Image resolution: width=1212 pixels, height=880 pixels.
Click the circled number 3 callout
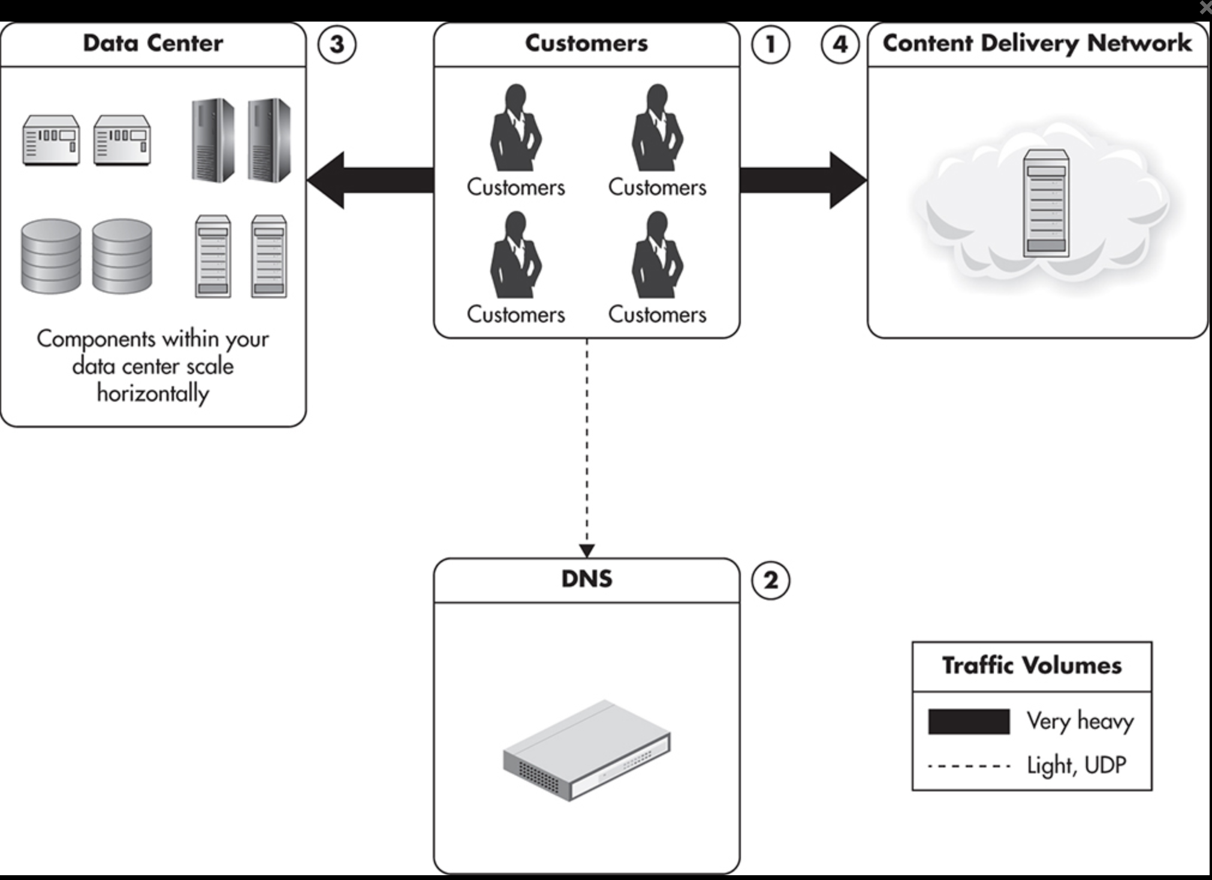(x=337, y=44)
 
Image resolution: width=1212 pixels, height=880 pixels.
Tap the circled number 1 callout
(x=770, y=44)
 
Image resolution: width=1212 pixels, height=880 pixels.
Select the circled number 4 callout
(x=840, y=44)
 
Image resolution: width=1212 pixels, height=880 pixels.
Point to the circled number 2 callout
(x=770, y=580)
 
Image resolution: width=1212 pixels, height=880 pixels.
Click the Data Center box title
(x=153, y=44)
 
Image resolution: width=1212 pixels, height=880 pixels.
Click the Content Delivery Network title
(x=1037, y=44)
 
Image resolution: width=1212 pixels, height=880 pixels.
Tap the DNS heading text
(x=586, y=579)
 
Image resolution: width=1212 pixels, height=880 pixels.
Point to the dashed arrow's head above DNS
(x=587, y=550)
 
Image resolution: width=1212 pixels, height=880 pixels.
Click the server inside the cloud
(x=1045, y=204)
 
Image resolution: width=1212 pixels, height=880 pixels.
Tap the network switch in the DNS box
(x=586, y=751)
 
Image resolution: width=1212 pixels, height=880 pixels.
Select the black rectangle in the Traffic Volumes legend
(x=969, y=722)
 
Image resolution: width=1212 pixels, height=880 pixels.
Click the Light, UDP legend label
(x=1077, y=766)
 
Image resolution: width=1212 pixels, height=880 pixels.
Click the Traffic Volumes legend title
(x=1032, y=666)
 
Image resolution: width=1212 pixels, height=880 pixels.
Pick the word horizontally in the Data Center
(x=153, y=394)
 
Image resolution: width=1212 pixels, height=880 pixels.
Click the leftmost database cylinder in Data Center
(x=51, y=257)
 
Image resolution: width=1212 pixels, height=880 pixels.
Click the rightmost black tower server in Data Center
(x=269, y=140)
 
